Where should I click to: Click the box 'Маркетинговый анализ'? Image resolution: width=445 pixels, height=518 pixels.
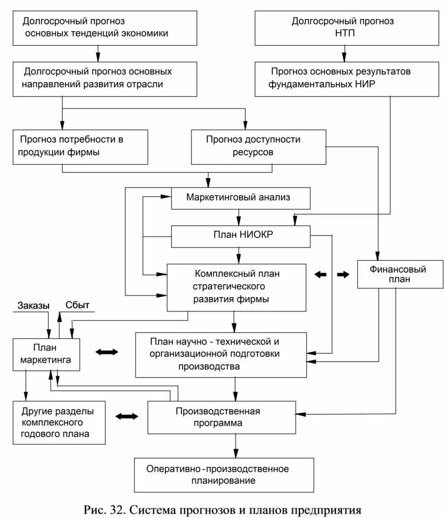coord(240,198)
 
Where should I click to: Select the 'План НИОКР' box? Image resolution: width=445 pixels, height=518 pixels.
coord(240,237)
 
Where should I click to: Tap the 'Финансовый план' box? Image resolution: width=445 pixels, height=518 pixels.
coord(400,274)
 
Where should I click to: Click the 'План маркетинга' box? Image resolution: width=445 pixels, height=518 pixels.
coord(46,354)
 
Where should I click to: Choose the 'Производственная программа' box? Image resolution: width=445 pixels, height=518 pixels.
coord(221,417)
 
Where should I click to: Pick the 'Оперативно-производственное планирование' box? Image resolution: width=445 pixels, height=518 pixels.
coord(224,475)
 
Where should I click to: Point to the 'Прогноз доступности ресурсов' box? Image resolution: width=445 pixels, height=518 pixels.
coord(258,147)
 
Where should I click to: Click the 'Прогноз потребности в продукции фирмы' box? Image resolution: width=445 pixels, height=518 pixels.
coord(80,147)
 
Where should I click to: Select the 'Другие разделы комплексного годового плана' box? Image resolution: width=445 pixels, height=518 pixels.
coord(59,423)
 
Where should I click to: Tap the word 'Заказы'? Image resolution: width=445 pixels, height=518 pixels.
coord(33,305)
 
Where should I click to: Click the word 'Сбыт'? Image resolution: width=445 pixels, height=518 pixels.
coord(77,305)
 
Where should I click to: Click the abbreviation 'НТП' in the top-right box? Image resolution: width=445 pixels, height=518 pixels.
coord(345,33)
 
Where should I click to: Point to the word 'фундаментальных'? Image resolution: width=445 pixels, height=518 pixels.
coord(310,84)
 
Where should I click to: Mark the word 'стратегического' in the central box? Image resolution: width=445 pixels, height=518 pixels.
coord(228,286)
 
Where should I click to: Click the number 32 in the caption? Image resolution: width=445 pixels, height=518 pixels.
coord(117,509)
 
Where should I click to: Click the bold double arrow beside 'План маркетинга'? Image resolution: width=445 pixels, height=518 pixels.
coord(107,352)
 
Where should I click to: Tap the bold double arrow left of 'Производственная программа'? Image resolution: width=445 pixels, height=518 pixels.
coord(127,416)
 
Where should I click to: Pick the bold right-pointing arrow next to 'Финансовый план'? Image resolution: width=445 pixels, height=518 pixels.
coord(343,274)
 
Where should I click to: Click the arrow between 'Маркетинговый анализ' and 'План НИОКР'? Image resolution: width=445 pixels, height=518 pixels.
coord(239,218)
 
